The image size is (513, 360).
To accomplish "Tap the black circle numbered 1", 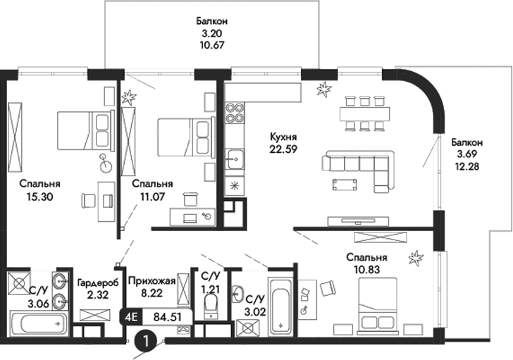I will [x=145, y=342].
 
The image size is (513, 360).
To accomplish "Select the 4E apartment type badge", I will [x=131, y=316].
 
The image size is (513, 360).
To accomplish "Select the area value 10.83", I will [x=365, y=269].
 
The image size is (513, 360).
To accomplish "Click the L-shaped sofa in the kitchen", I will [x=359, y=168].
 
